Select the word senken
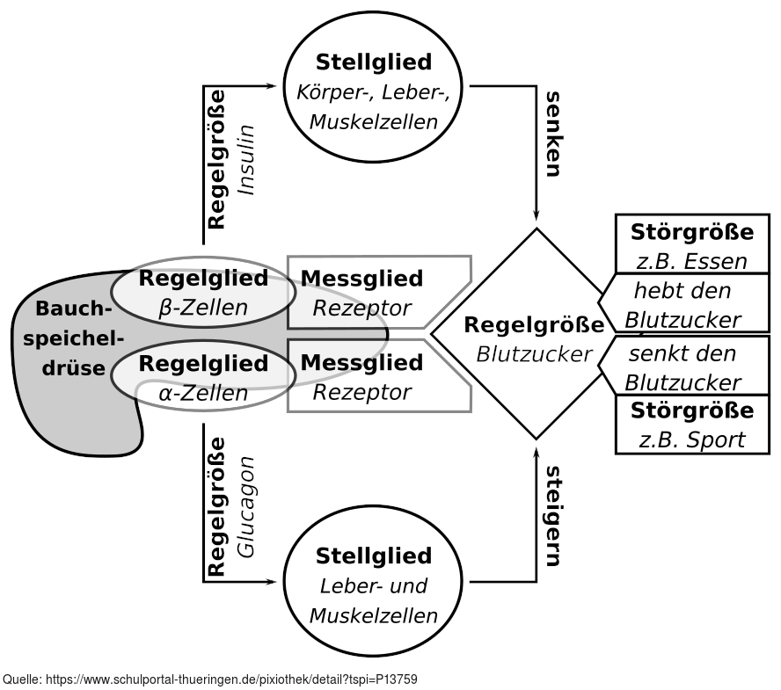pyautogui.click(x=552, y=133)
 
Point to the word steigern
pyautogui.click(x=552, y=516)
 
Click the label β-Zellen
pyautogui.click(x=203, y=308)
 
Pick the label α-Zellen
pyautogui.click(x=203, y=392)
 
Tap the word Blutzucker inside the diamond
pyautogui.click(x=534, y=353)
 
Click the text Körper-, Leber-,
pyautogui.click(x=374, y=91)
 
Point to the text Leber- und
pyautogui.click(x=374, y=585)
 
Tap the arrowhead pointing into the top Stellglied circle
pyautogui.click(x=272, y=86)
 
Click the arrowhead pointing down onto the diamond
pyautogui.click(x=536, y=216)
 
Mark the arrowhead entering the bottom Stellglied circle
pyautogui.click(x=272, y=581)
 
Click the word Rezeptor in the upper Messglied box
pyautogui.click(x=361, y=308)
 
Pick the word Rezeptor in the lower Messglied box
pyautogui.click(x=361, y=391)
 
